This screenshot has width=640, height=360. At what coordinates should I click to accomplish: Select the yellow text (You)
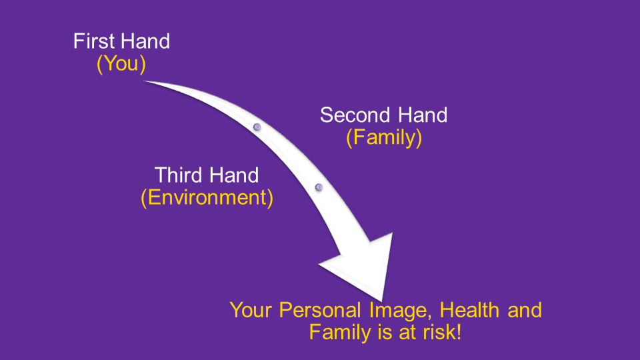coord(121,64)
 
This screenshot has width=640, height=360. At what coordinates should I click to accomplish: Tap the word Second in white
coord(355,115)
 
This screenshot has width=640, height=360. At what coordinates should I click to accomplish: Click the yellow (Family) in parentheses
coord(384,137)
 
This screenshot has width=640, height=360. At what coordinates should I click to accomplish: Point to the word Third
coord(179,175)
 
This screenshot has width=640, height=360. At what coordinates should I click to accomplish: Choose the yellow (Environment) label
coord(207,198)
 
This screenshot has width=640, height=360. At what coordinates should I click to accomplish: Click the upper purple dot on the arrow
coord(257,127)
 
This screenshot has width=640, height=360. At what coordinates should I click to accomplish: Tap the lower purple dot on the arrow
coord(319,187)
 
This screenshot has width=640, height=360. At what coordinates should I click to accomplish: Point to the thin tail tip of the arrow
coord(144,81)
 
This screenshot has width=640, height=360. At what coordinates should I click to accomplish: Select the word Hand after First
coord(146,41)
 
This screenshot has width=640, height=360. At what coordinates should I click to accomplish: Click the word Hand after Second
coord(423,115)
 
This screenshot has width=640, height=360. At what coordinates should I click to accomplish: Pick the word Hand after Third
coord(234,175)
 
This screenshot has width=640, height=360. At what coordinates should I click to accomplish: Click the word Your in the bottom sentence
coord(251,310)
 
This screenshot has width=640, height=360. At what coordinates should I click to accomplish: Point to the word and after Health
coord(525,310)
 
